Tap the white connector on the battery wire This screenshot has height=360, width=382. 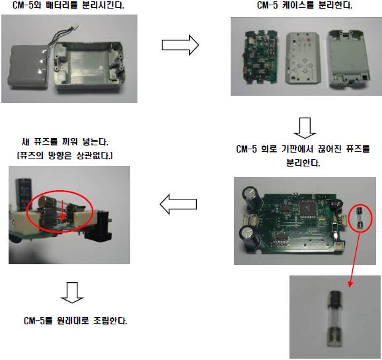coord(75,26)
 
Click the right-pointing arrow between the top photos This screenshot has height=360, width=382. coord(180,45)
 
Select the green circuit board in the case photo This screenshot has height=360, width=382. coord(261,57)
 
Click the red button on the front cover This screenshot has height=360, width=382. coord(309,40)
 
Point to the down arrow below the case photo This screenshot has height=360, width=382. coord(305,128)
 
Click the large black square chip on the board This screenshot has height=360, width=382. coord(308,209)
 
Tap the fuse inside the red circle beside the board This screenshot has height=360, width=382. coord(360,218)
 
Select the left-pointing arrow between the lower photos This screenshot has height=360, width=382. coord(178,204)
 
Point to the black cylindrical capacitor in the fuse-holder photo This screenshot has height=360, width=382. coord(24,195)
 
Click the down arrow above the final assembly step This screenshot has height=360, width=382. coord(72,293)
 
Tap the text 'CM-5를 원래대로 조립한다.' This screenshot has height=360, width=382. coord(75,321)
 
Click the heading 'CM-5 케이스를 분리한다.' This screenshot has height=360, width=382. coord(305,5)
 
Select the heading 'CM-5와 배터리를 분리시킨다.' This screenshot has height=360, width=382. coord(68,5)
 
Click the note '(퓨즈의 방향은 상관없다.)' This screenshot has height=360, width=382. coord(65,155)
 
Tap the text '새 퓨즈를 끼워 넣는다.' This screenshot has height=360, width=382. coord(65,141)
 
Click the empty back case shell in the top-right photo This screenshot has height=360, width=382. coord(348,58)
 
